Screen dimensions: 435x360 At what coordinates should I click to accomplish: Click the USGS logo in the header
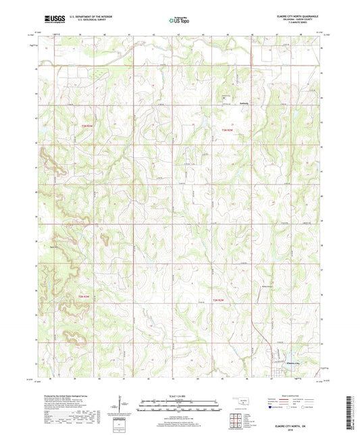tap(51, 20)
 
